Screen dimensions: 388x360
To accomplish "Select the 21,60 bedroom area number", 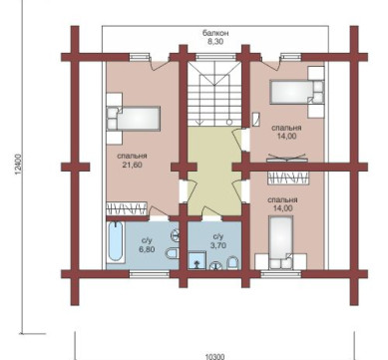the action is point(132,165).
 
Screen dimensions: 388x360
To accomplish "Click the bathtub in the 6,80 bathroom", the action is point(116,242).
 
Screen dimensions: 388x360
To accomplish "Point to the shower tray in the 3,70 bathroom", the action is point(196,260).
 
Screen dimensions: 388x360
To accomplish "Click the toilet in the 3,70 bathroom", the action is point(232,262).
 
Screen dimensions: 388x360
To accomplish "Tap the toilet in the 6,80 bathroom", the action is point(173,253).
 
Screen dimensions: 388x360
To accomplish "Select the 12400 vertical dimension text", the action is point(18,165).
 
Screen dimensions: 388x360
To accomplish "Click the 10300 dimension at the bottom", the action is point(214,357).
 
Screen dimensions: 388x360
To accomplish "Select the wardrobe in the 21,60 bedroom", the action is point(127,208).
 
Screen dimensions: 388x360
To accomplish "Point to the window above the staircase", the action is point(215,57).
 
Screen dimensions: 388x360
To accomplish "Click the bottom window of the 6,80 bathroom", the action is point(150,274).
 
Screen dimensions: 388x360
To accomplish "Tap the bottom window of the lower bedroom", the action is point(281,274).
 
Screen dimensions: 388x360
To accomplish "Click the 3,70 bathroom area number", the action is point(219,245).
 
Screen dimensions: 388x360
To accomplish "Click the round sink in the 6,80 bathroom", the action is point(176,235).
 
